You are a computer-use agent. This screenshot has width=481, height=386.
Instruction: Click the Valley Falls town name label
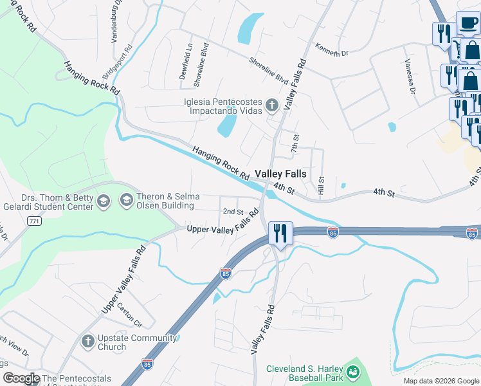tap(280, 174)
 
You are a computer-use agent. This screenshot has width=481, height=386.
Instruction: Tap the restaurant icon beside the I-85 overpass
tap(280, 232)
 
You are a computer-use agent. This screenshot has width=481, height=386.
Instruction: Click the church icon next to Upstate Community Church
tap(88, 341)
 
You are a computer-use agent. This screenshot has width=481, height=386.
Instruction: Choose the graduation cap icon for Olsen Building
tap(125, 201)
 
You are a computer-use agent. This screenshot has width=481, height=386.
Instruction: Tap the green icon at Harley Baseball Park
tap(352, 372)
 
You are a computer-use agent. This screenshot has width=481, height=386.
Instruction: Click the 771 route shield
tap(34, 221)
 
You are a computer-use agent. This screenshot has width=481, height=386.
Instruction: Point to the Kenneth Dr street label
tap(331, 50)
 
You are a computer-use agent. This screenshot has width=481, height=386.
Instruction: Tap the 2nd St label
tap(233, 211)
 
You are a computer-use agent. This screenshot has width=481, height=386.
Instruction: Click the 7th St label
tap(296, 143)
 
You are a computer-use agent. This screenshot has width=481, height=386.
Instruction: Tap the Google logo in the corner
tap(21, 378)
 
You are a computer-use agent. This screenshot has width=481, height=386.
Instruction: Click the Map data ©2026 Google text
tap(440, 381)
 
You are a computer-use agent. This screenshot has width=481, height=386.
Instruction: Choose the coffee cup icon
tap(467, 24)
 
